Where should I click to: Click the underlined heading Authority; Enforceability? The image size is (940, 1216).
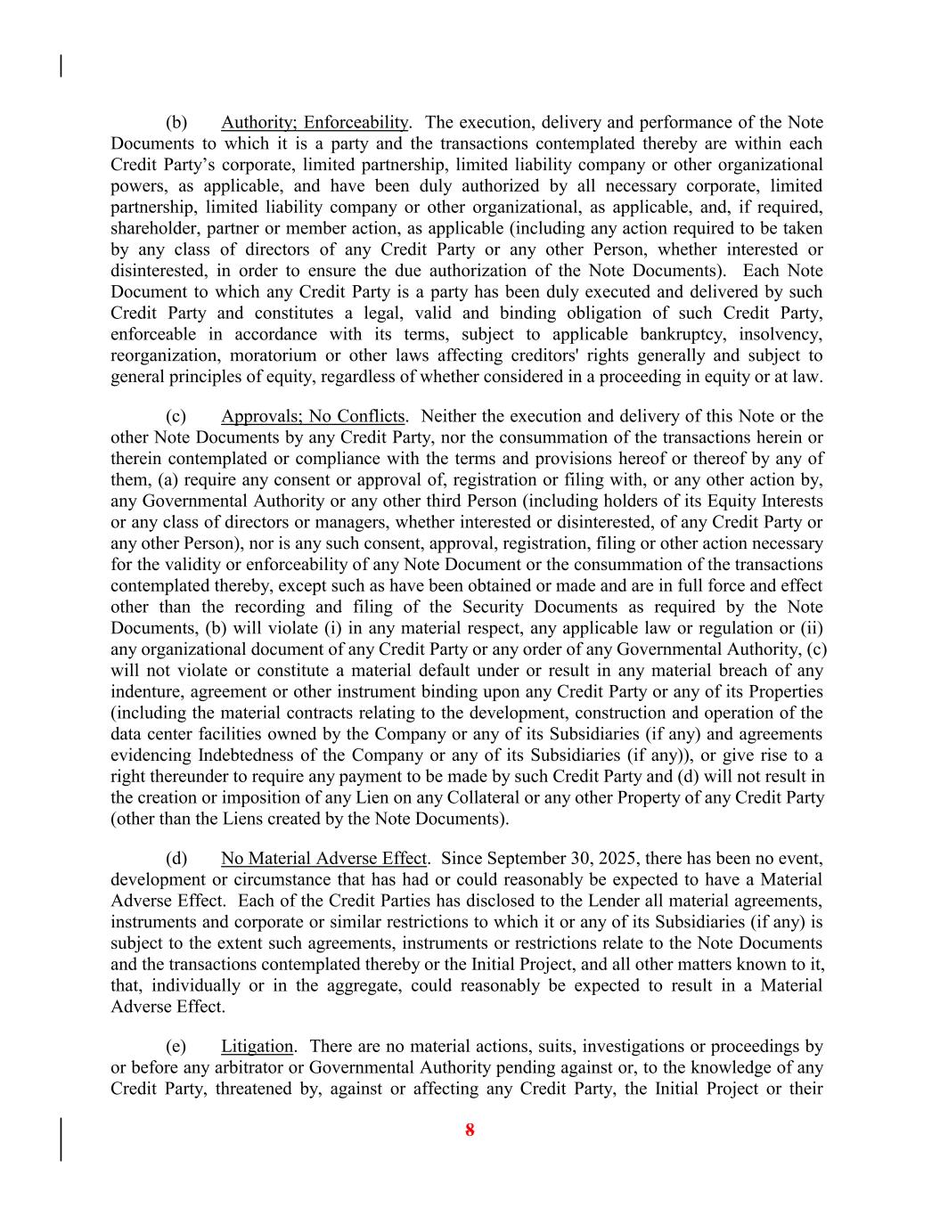click(x=315, y=122)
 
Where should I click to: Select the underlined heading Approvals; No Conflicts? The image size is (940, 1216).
click(x=312, y=416)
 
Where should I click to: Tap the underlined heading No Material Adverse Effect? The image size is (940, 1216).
click(x=323, y=858)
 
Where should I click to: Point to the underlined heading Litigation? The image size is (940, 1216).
click(x=257, y=1046)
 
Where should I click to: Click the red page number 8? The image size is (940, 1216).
click(x=470, y=1130)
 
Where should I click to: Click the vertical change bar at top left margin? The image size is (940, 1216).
click(x=61, y=66)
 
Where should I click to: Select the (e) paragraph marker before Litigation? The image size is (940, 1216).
click(x=176, y=1046)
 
